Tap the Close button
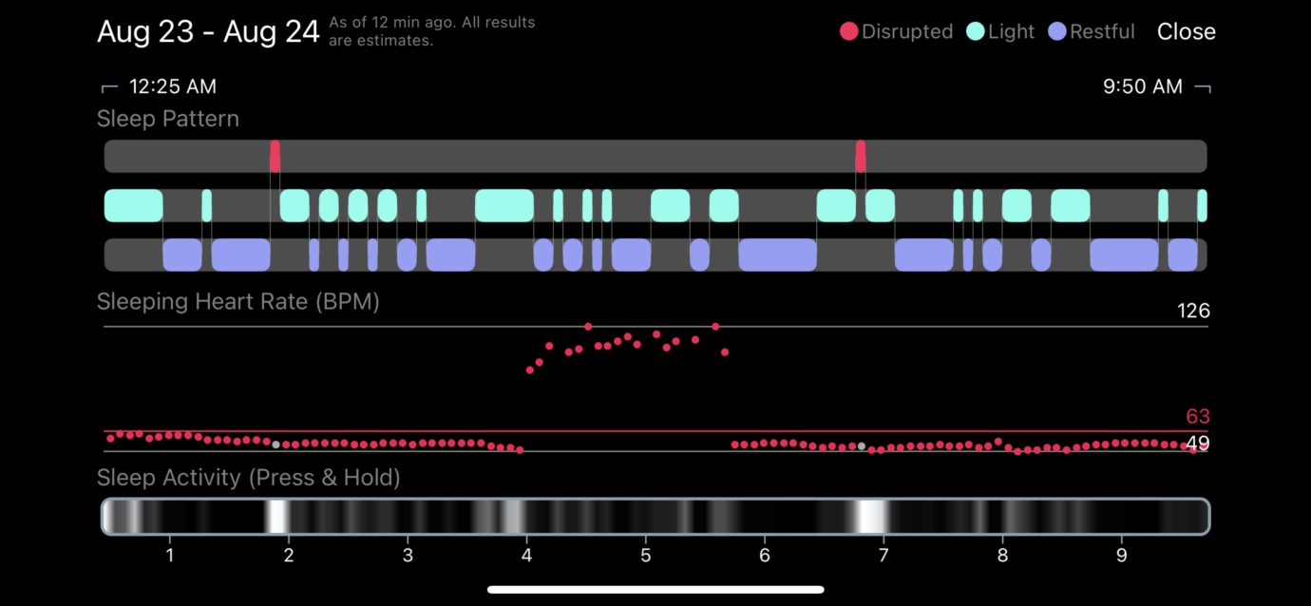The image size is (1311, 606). coord(1186,31)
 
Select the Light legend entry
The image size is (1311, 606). coord(1000,31)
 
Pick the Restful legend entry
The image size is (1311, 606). coord(1092,31)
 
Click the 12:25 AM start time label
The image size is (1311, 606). coord(172,86)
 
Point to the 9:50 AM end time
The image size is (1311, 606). coord(1142,86)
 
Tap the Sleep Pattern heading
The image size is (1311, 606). coord(168,119)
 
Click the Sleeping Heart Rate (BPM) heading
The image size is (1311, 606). coord(237,302)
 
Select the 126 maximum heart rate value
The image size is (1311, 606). coord(1192,311)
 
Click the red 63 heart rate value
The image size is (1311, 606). coord(1197,416)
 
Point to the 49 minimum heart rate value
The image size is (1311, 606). coord(1197,444)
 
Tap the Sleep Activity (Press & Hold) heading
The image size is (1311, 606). coord(248,477)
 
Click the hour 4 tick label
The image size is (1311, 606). coord(526,555)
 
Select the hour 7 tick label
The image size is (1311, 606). coord(883,555)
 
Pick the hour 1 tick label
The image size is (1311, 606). coord(169,555)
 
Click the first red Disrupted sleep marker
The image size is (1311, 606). coord(275,156)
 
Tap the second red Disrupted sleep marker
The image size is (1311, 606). coord(860,156)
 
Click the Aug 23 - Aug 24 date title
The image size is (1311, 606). coord(208,31)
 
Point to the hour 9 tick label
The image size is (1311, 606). coord(1121,555)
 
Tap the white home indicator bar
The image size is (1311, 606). coord(655,590)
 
